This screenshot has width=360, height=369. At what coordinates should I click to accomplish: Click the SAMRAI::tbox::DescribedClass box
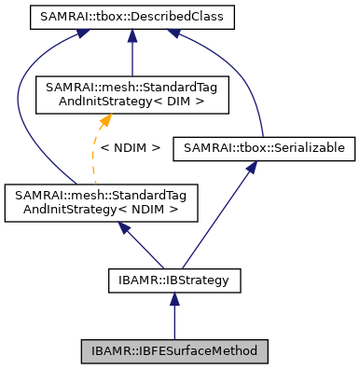[133, 17]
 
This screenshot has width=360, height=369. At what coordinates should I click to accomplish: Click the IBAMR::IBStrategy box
[173, 278]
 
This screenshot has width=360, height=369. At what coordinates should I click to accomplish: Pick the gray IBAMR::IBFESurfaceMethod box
[173, 351]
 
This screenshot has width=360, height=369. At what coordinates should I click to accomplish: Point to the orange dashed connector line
[96, 149]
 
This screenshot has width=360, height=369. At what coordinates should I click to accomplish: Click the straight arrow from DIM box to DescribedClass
[133, 51]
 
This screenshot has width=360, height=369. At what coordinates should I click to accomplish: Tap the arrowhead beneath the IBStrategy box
[173, 296]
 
